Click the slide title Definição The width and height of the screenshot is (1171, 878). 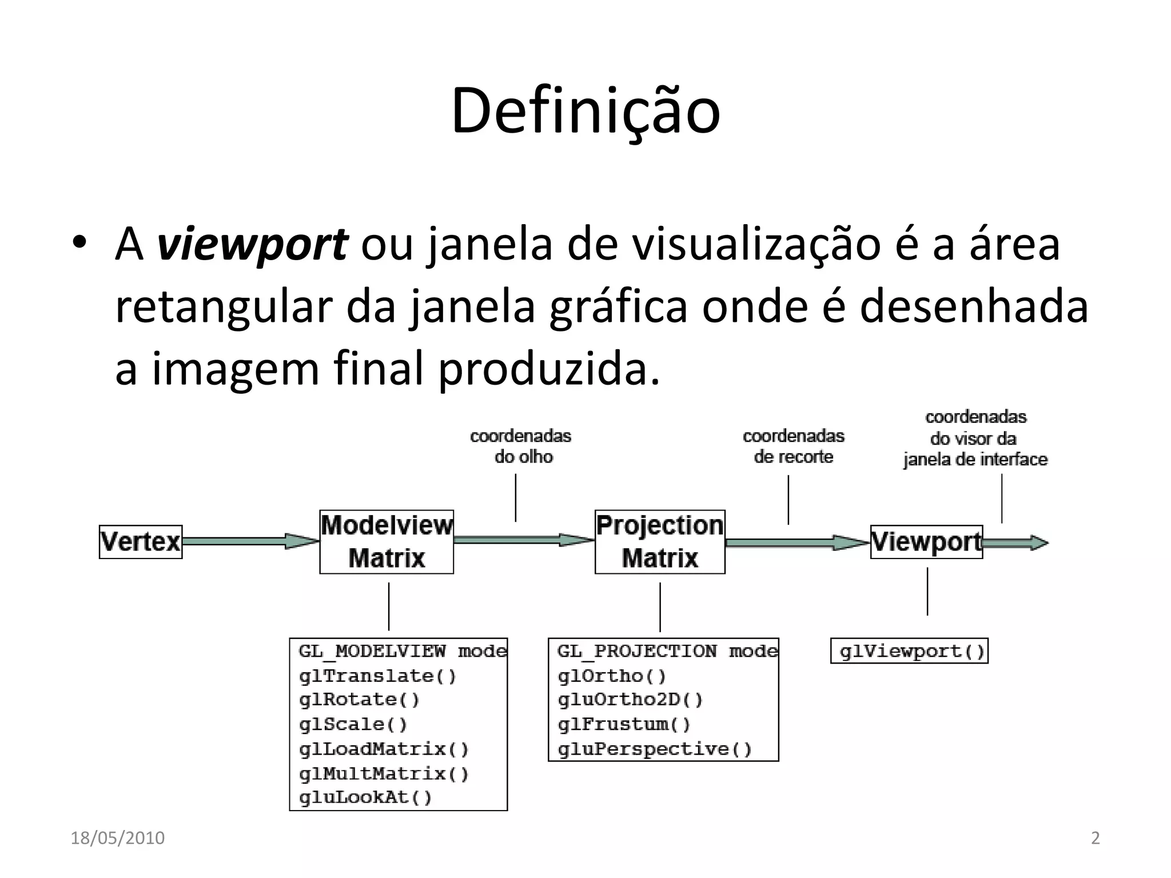pos(585,111)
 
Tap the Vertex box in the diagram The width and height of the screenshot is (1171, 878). pos(141,542)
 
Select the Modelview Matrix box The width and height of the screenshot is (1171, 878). pos(387,542)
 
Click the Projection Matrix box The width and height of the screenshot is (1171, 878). pos(660,542)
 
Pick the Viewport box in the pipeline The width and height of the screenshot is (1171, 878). pos(926,542)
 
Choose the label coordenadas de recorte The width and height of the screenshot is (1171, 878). pos(794,446)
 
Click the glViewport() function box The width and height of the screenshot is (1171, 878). pos(909,652)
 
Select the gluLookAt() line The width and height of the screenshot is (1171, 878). pos(366,797)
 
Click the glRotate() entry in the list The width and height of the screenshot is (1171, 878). pos(360,700)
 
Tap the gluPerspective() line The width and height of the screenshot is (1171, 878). pos(655,749)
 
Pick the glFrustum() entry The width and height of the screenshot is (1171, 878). pos(624,725)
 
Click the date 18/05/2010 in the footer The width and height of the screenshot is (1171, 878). pos(118,838)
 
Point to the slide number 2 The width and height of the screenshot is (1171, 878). pos(1096,838)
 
